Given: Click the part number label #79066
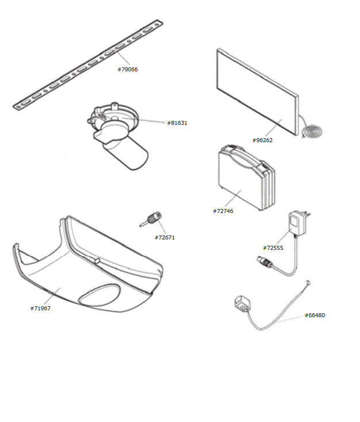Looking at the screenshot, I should pyautogui.click(x=128, y=69).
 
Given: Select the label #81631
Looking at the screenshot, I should pyautogui.click(x=177, y=123).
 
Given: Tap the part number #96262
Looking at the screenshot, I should pyautogui.click(x=262, y=140).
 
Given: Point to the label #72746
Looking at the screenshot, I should pyautogui.click(x=223, y=211).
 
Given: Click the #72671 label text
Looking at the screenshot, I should pyautogui.click(x=164, y=237).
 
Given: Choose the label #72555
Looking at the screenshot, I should pyautogui.click(x=273, y=248).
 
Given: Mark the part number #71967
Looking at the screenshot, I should pyautogui.click(x=40, y=308).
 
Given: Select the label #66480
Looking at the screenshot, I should pyautogui.click(x=315, y=315).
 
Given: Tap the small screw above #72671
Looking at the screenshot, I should pyautogui.click(x=152, y=219).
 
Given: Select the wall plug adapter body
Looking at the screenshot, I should pyautogui.click(x=298, y=222).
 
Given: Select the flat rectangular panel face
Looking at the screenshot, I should pyautogui.click(x=256, y=92).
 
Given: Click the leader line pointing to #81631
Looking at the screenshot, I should pyautogui.click(x=151, y=121).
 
